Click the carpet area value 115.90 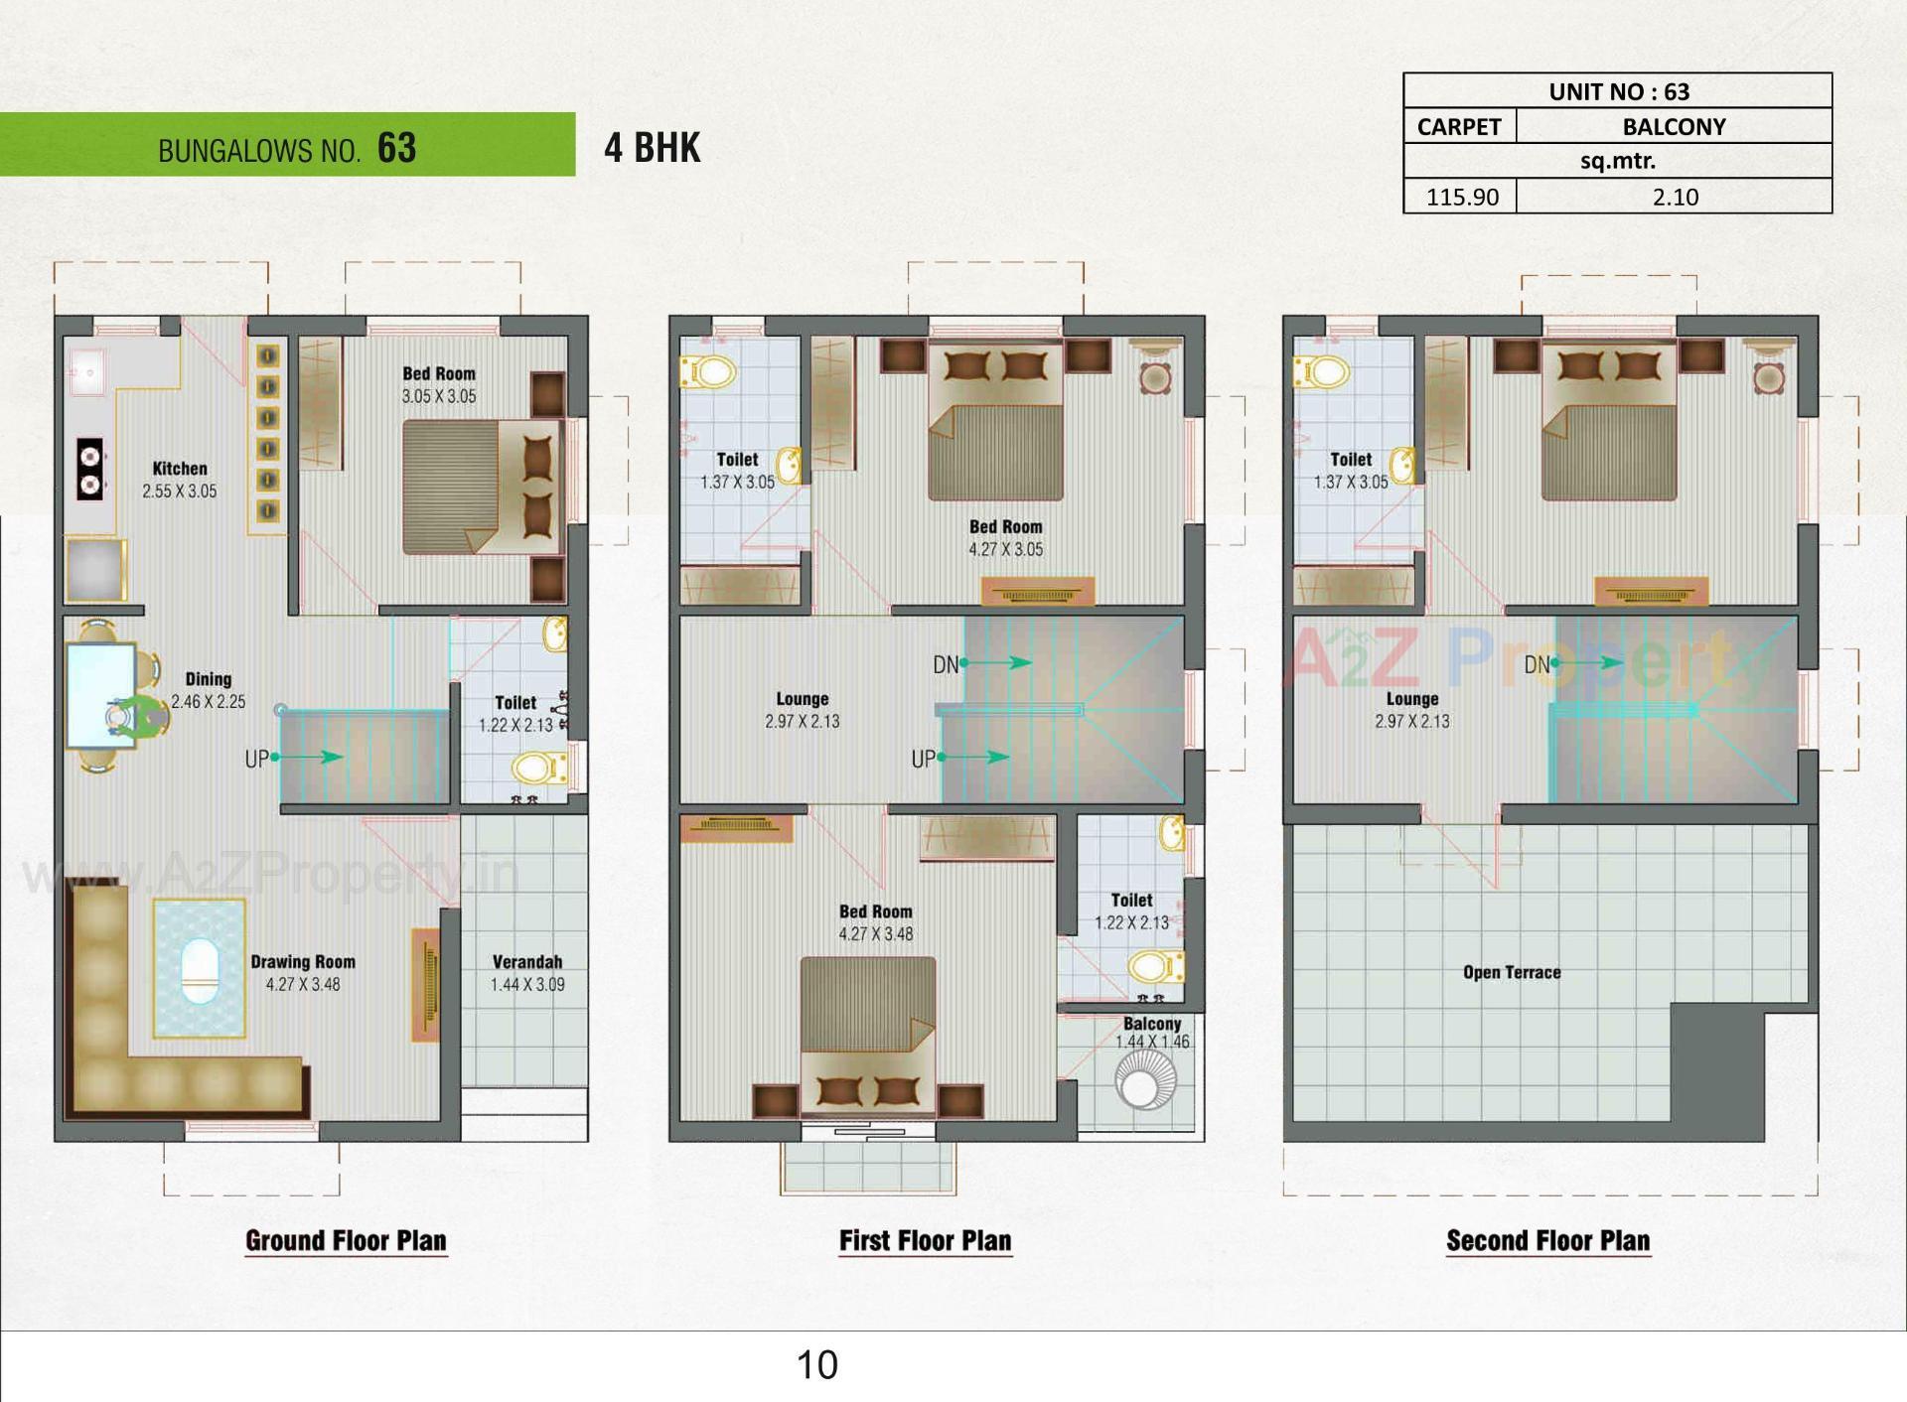click(x=1461, y=197)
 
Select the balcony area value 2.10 click(x=1675, y=197)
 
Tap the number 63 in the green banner click(x=396, y=148)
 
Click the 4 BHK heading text click(x=652, y=148)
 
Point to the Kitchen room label click(x=180, y=469)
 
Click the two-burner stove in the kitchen click(x=90, y=470)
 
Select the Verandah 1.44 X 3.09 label click(x=526, y=973)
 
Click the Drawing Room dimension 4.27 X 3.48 click(x=303, y=985)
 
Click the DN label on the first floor click(x=946, y=664)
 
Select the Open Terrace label click(x=1511, y=972)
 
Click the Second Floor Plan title click(x=1547, y=1240)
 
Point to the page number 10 click(x=816, y=1365)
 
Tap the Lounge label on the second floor click(x=1411, y=699)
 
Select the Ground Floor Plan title click(x=346, y=1240)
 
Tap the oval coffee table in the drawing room click(x=200, y=970)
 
